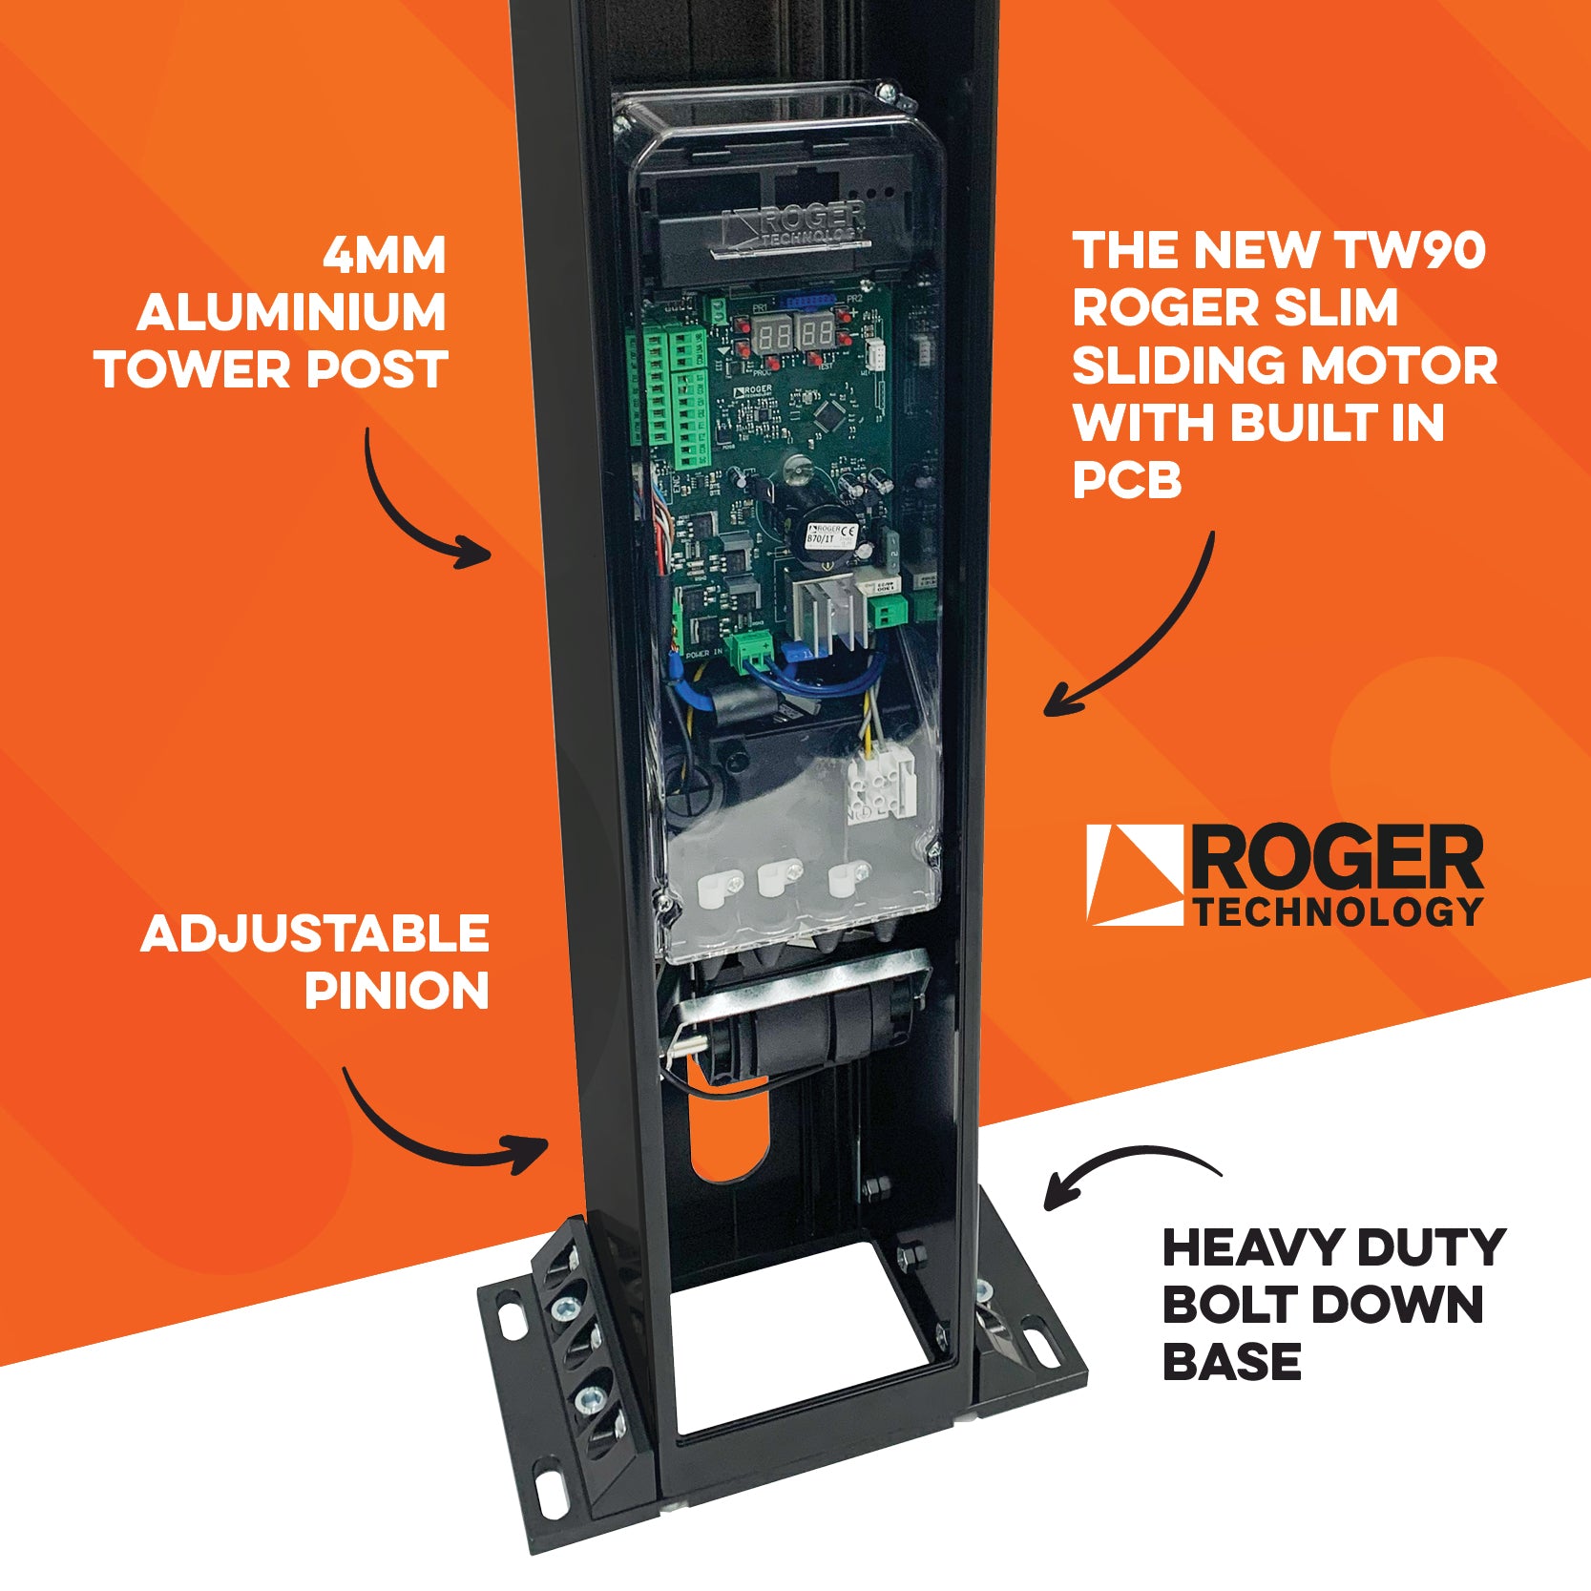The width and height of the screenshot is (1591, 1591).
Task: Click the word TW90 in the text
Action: [x=1411, y=250]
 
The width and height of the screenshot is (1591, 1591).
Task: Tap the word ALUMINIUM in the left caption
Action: [x=291, y=312]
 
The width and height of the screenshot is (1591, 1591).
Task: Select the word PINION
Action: [x=396, y=991]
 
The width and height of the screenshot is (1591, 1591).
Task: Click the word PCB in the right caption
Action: [x=1127, y=480]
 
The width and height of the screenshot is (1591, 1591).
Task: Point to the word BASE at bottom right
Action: [x=1231, y=1361]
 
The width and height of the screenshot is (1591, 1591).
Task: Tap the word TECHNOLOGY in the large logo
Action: [x=1336, y=912]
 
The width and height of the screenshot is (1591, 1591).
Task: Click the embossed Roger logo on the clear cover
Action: [x=797, y=225]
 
